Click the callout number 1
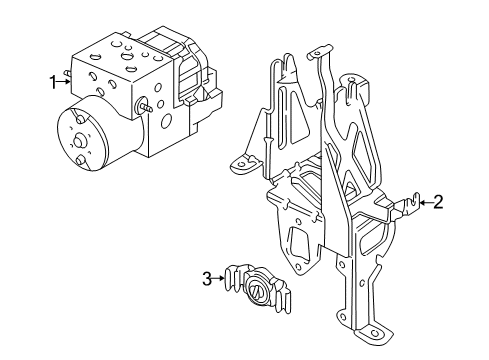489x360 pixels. point(53,82)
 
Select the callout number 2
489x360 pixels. point(438,202)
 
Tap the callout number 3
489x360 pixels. point(207,279)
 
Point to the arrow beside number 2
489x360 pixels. point(426,202)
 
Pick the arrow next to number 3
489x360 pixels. point(219,278)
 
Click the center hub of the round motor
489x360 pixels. point(79,141)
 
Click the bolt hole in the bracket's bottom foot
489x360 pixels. point(374,333)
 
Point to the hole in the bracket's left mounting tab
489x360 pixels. point(241,164)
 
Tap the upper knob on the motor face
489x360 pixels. point(79,119)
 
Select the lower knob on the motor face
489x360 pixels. point(80,161)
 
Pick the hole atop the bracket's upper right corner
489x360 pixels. point(351,80)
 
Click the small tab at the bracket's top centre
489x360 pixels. point(319,52)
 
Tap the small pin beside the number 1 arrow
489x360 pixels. point(67,73)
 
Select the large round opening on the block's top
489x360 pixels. point(127,56)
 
